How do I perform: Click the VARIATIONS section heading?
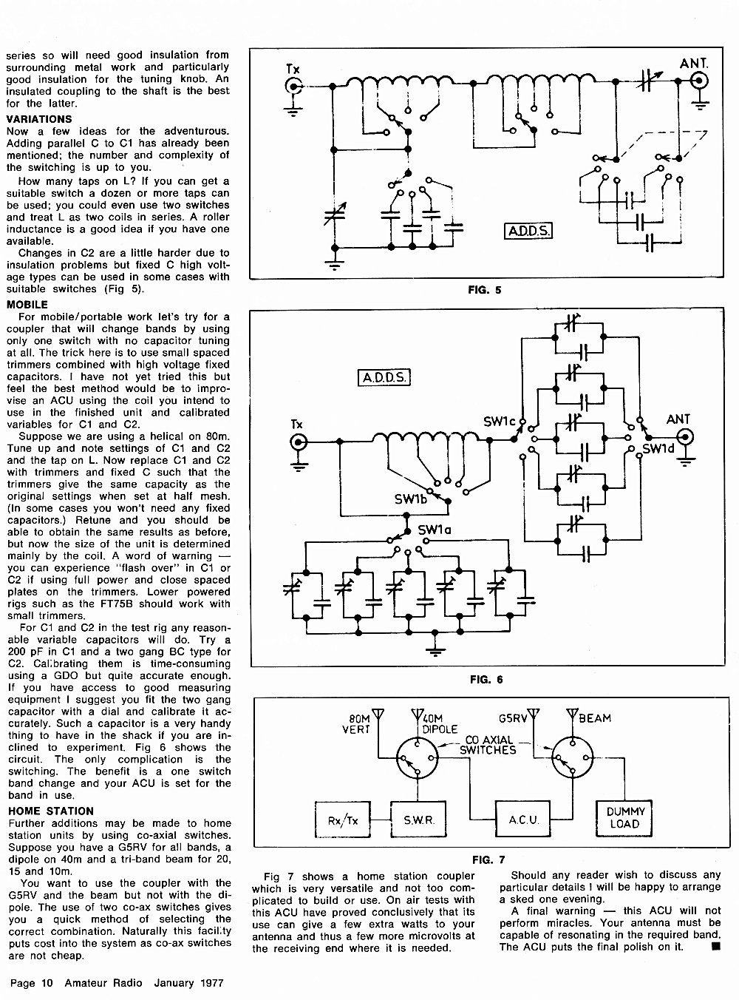(x=38, y=120)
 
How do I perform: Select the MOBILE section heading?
(x=27, y=305)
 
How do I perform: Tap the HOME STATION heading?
(x=51, y=811)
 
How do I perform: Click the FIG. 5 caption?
(x=484, y=290)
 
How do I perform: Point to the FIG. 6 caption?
(x=486, y=680)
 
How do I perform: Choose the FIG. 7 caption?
(x=488, y=859)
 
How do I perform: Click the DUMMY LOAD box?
(x=624, y=818)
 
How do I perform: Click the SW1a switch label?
(x=435, y=530)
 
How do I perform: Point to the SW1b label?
(x=411, y=499)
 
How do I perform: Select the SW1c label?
(x=500, y=422)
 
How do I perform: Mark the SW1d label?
(x=658, y=449)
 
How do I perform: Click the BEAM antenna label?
(x=595, y=718)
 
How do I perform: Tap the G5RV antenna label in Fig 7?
(x=513, y=718)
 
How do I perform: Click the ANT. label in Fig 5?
(x=694, y=64)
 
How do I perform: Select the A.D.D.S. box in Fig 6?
(x=384, y=377)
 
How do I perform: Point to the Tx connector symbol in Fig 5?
(x=293, y=86)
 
